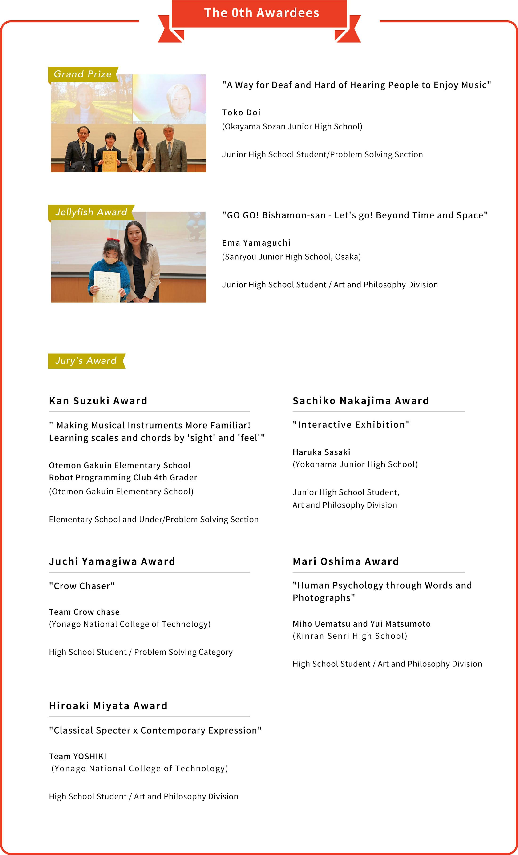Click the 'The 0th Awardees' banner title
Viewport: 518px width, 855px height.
point(261,13)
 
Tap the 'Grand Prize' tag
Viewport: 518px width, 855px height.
point(83,74)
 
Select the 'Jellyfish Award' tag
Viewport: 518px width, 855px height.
point(91,212)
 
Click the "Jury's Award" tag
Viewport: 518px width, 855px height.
point(86,361)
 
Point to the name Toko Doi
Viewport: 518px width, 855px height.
point(241,113)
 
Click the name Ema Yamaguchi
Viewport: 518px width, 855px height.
point(256,243)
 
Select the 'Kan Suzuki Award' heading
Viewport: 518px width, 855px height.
point(98,401)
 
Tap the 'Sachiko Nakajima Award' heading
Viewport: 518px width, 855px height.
point(361,401)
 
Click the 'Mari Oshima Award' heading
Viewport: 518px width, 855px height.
point(346,561)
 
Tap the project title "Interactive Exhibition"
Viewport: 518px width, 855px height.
point(351,425)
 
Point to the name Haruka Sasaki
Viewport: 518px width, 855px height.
point(321,452)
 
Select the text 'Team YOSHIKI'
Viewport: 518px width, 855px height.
point(78,756)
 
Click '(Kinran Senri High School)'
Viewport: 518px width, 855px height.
point(350,636)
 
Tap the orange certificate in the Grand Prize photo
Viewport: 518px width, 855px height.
point(109,161)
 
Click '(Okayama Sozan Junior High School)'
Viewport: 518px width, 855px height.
point(292,127)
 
